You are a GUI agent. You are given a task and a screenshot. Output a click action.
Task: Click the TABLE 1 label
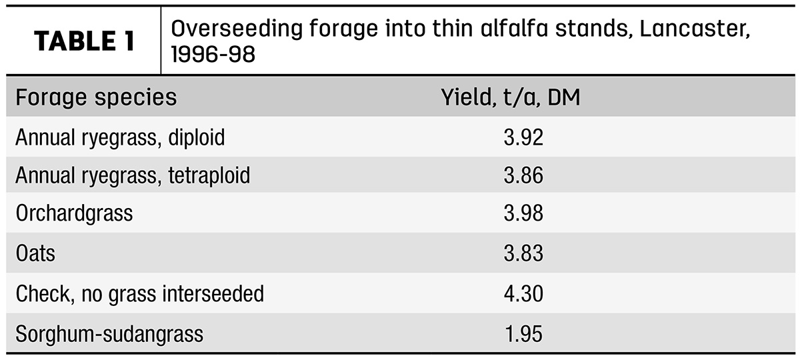[85, 41]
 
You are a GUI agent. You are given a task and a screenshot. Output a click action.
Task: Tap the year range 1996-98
[213, 54]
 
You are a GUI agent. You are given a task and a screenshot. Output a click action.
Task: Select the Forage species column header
[96, 97]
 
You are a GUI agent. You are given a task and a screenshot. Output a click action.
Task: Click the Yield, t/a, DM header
[511, 97]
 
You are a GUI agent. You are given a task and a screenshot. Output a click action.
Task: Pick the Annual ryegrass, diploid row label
[120, 137]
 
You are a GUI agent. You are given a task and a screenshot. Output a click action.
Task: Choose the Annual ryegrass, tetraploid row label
[133, 175]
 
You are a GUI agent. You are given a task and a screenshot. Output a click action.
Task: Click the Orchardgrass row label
[74, 213]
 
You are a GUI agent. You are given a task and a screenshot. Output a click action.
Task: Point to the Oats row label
[35, 253]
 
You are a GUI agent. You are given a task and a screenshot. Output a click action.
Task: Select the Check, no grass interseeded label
[139, 293]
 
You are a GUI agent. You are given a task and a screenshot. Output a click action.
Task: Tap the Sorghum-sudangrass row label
[109, 334]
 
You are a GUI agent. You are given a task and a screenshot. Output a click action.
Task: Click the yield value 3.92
[523, 137]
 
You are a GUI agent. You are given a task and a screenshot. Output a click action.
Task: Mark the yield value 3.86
[523, 175]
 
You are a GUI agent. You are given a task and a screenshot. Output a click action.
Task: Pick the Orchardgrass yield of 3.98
[523, 213]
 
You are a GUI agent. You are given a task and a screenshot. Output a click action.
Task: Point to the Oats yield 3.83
[523, 253]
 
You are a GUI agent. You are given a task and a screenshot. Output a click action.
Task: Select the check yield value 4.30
[523, 293]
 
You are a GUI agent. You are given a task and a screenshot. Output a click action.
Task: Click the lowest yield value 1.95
[523, 334]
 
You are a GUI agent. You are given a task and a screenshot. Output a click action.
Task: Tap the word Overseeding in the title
[237, 29]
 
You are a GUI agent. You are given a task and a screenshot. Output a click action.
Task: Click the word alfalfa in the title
[514, 28]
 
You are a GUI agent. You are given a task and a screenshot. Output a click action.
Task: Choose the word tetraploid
[209, 175]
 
